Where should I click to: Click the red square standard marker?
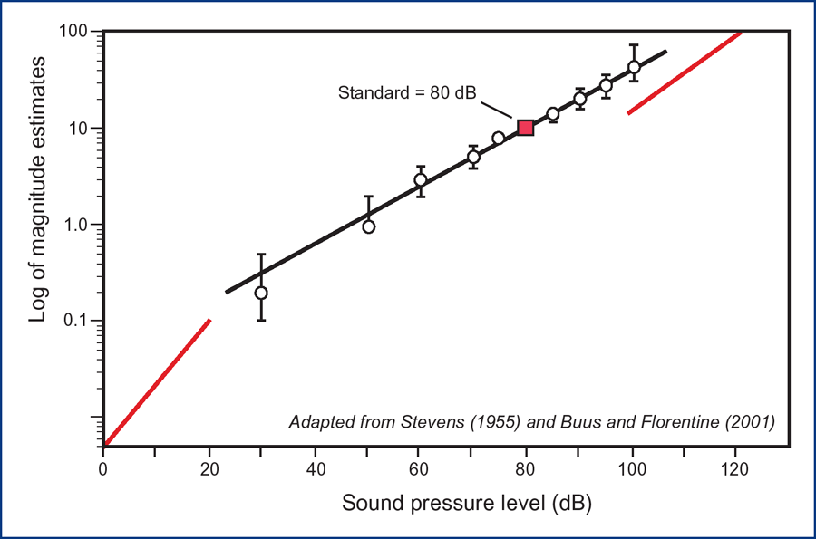[525, 128]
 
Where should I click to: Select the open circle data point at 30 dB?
[261, 293]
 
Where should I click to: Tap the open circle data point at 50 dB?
[369, 226]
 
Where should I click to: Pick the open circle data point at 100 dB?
[634, 67]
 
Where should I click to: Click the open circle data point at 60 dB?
[421, 179]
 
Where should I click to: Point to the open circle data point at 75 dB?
[499, 138]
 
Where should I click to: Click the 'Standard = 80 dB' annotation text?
[407, 92]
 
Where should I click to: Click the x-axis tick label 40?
[315, 469]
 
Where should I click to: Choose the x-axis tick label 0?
[103, 469]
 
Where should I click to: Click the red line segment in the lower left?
[158, 383]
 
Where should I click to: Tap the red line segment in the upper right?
[685, 73]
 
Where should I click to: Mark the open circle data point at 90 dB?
[580, 99]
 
